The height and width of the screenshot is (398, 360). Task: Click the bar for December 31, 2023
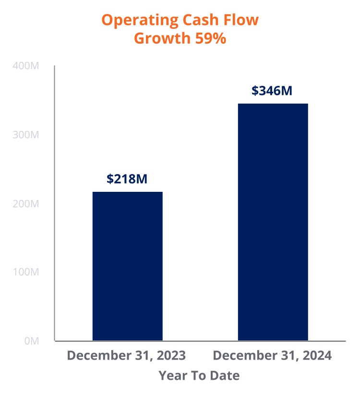click(127, 266)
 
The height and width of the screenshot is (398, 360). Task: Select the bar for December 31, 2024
click(273, 222)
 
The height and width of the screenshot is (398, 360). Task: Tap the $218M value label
click(127, 179)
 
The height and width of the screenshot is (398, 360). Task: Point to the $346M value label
click(272, 91)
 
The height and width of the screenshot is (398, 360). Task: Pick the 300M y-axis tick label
click(27, 135)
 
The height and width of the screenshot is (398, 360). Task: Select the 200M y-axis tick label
click(27, 204)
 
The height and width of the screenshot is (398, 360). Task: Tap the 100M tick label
click(27, 272)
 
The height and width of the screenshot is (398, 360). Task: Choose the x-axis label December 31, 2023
click(126, 356)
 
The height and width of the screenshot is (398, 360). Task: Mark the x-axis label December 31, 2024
click(272, 356)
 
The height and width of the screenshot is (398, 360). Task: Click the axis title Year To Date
click(199, 375)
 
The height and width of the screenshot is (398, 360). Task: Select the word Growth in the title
click(162, 38)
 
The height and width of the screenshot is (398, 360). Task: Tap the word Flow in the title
click(242, 20)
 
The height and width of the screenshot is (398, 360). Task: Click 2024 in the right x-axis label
click(317, 356)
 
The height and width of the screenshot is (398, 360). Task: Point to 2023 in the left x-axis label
click(171, 356)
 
